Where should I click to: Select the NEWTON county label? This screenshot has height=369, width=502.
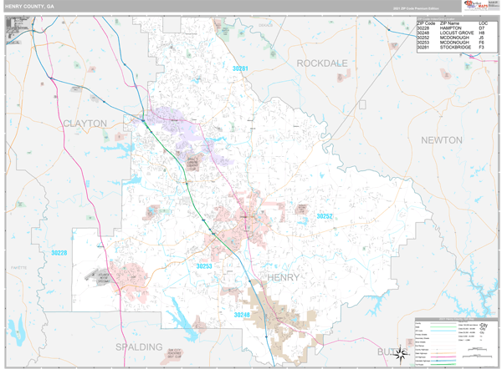click(441, 139)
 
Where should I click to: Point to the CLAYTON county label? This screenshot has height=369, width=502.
click(85, 123)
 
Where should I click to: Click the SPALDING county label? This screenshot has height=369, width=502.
click(140, 346)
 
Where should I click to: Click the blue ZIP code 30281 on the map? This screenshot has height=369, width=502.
click(240, 68)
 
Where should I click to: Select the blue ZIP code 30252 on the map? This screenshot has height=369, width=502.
click(324, 216)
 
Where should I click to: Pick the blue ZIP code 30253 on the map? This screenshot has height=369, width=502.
click(204, 265)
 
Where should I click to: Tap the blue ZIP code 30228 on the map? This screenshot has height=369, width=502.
click(59, 252)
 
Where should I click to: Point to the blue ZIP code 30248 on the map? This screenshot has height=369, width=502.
click(241, 315)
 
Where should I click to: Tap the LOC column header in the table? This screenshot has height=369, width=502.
click(484, 23)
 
